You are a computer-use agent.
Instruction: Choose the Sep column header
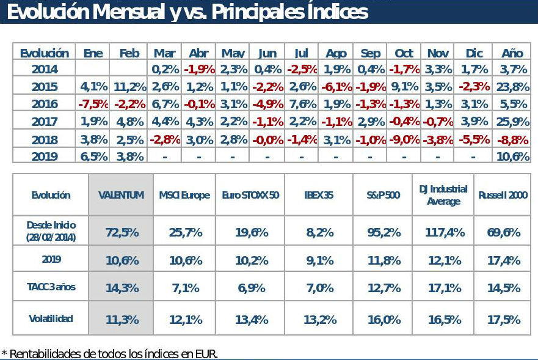point(371,53)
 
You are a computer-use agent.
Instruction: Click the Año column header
point(512,53)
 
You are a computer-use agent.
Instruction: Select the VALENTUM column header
point(121,196)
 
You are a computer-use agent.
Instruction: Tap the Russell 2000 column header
point(503,196)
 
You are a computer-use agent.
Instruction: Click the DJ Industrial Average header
point(443,195)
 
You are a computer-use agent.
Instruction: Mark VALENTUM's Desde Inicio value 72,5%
point(121,232)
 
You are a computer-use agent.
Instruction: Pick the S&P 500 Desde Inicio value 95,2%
point(384,232)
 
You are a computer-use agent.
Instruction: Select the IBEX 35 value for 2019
point(319,260)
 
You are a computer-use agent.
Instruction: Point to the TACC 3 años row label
point(51,287)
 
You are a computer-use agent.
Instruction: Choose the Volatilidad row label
point(51,318)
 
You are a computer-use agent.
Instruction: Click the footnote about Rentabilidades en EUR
point(110,353)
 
